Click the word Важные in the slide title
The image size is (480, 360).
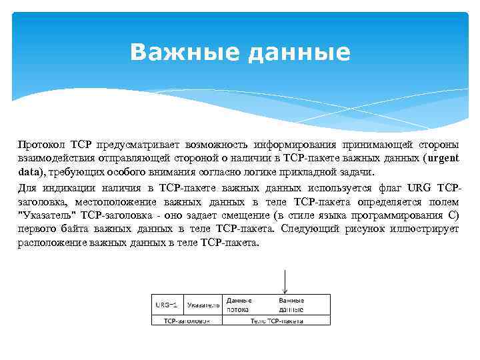click(x=185, y=52)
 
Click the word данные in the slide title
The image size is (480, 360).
click(x=299, y=52)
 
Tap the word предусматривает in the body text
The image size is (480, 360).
click(x=140, y=144)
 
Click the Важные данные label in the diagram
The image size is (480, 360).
click(x=291, y=305)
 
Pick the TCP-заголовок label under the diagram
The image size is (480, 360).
click(x=187, y=321)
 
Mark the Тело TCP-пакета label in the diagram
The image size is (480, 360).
click(x=276, y=321)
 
